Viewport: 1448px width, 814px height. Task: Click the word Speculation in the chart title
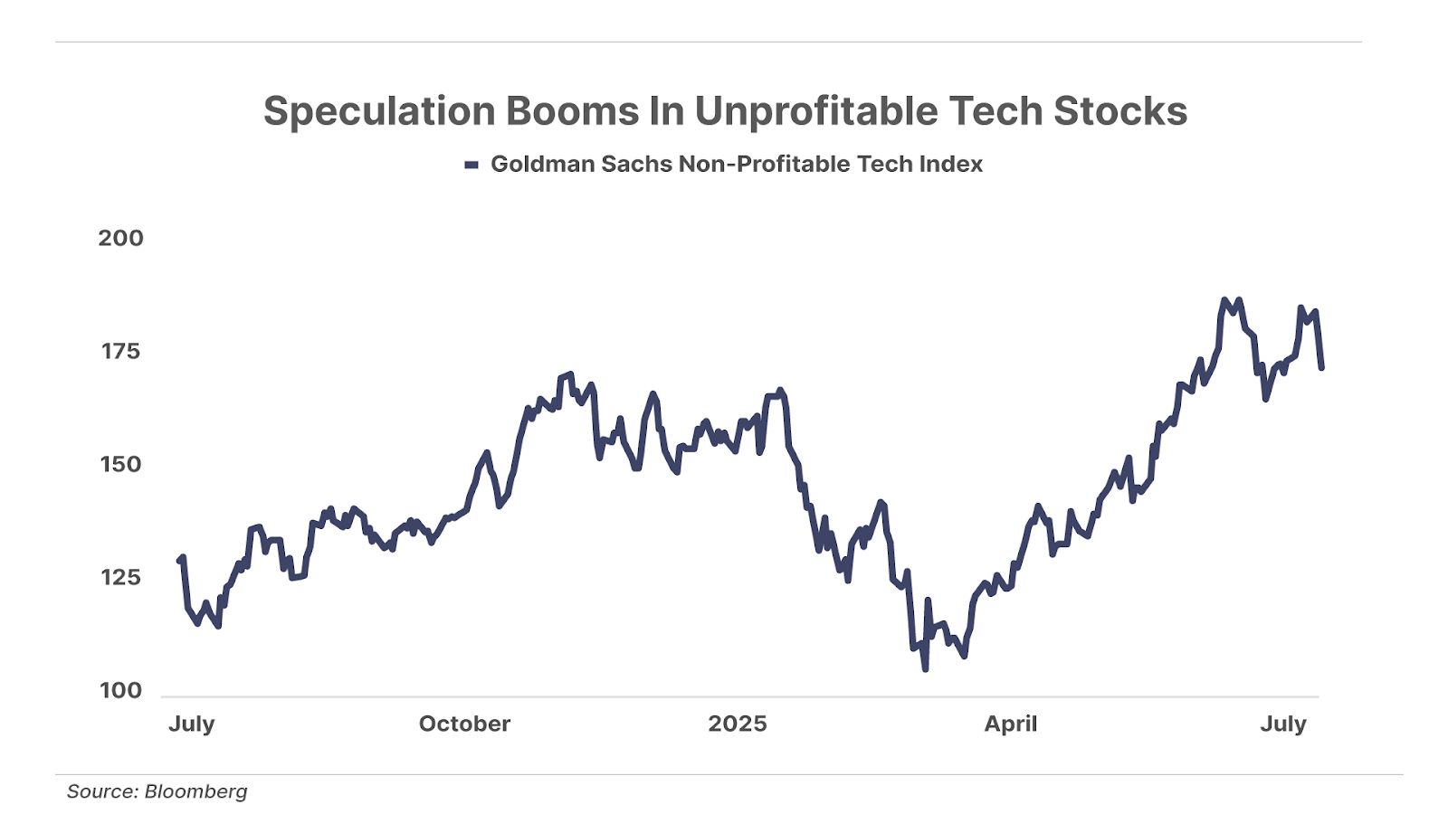[x=379, y=111]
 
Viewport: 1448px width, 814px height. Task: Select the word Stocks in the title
[x=1120, y=111]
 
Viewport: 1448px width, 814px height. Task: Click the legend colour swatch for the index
[x=471, y=165]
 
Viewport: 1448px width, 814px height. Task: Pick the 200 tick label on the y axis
[x=120, y=238]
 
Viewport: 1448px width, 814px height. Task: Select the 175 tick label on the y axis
[x=120, y=351]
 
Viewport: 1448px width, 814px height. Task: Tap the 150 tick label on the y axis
[x=120, y=464]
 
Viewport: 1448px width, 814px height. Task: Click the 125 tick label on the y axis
[x=120, y=577]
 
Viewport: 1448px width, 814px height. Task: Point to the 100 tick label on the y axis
[x=120, y=690]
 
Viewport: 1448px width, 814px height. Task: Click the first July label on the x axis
[x=192, y=724]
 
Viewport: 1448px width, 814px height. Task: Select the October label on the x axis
[x=464, y=724]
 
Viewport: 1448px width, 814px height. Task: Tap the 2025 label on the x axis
[x=738, y=724]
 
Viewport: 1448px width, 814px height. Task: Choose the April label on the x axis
[x=1011, y=724]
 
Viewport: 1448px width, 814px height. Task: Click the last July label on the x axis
[x=1283, y=724]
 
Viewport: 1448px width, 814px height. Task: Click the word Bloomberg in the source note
[x=195, y=791]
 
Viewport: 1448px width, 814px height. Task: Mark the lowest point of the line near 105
[x=925, y=668]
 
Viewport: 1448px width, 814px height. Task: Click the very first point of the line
[x=179, y=561]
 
